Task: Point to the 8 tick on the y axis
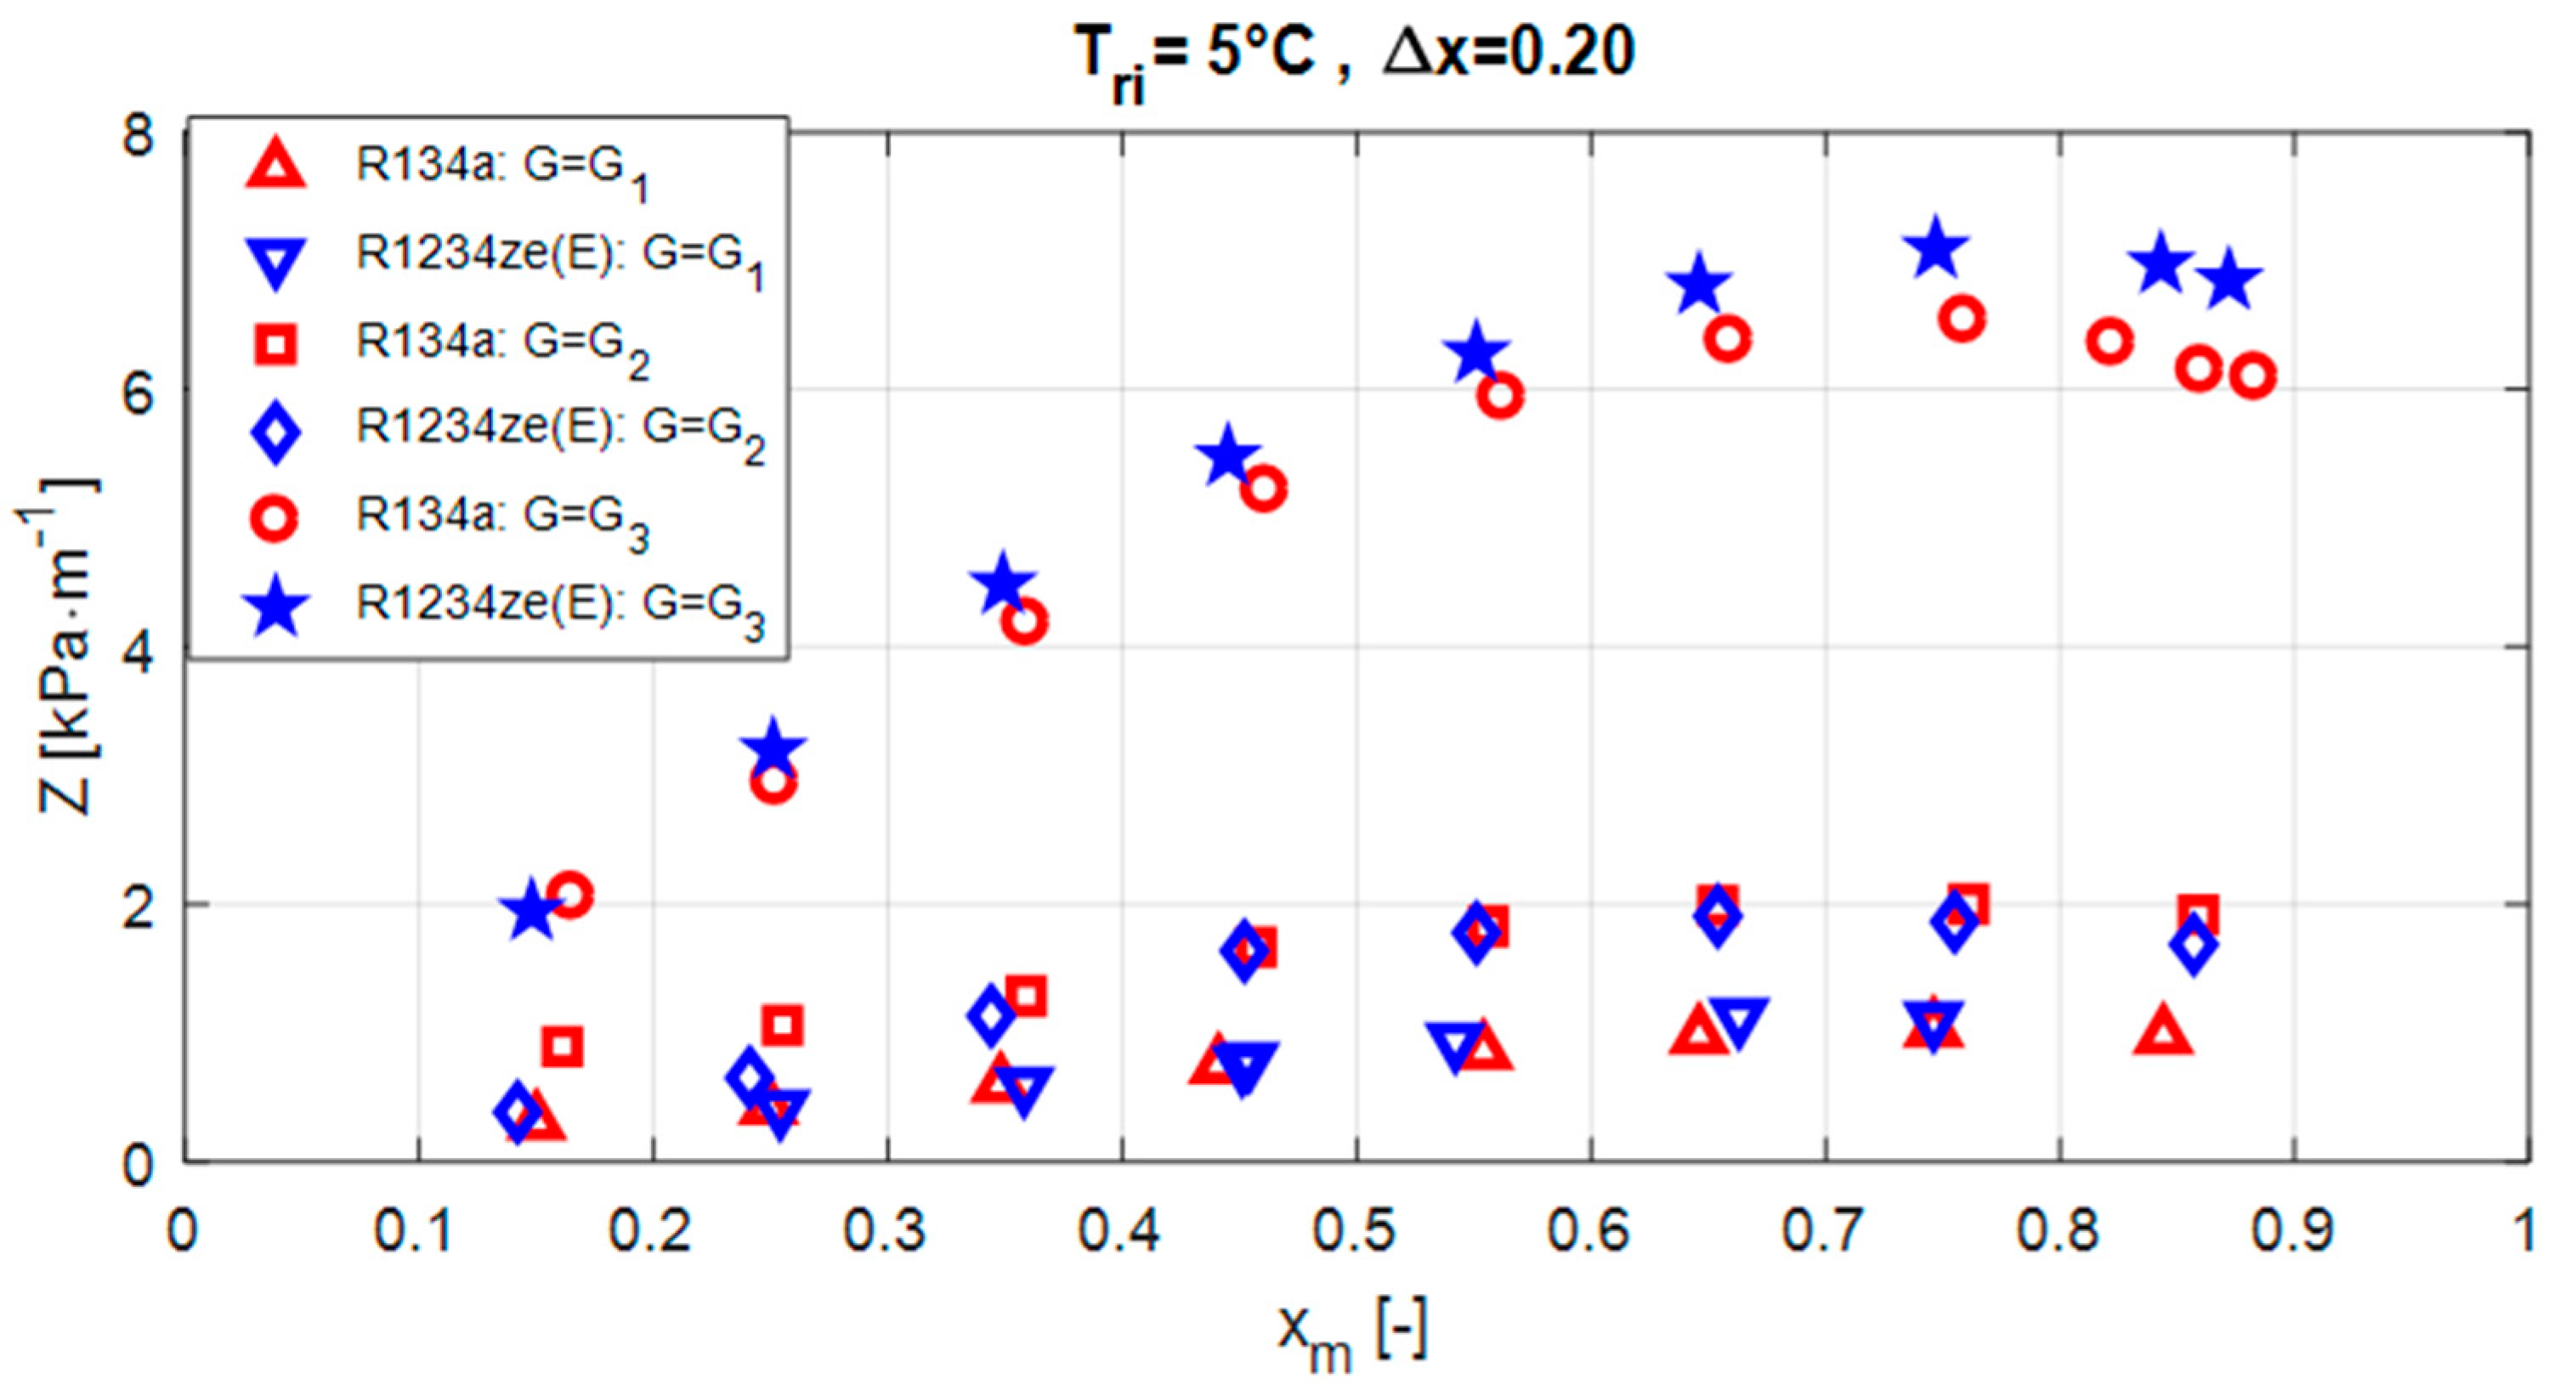[x=139, y=135]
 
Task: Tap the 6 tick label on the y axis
[x=139, y=393]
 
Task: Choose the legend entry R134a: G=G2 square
[x=275, y=343]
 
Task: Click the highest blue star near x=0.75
[x=1934, y=249]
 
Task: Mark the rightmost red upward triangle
[x=2165, y=1031]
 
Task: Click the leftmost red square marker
[x=562, y=1045]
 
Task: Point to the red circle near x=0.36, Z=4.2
[x=1024, y=622]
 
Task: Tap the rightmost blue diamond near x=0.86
[x=2193, y=944]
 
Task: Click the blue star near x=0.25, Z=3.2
[x=773, y=749]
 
